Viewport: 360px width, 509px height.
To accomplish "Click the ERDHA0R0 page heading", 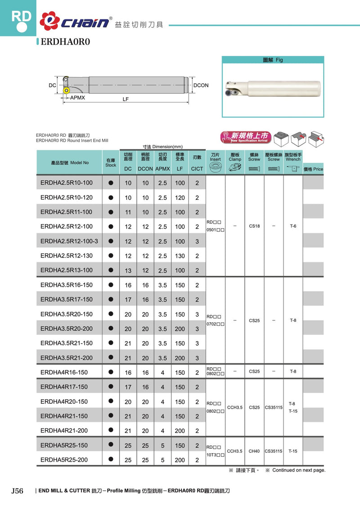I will click(66, 42).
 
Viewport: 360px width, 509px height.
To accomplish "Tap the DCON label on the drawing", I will click(201, 85).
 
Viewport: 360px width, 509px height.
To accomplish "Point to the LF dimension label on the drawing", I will click(126, 99).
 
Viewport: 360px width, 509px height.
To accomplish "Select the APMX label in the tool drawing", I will click(77, 97).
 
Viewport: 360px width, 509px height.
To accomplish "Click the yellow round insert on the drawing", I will click(67, 90).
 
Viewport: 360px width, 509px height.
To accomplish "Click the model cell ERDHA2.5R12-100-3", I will click(69, 241).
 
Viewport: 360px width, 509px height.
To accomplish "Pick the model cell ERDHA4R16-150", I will click(64, 372).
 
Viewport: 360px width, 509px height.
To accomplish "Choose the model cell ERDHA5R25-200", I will click(64, 460).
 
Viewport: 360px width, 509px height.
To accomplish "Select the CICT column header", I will click(197, 169).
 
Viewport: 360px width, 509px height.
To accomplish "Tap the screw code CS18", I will click(254, 226).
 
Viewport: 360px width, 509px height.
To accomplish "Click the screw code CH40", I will click(254, 450).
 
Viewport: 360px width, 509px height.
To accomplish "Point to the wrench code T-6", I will click(293, 226).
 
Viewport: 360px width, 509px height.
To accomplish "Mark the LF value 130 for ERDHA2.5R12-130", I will click(180, 256).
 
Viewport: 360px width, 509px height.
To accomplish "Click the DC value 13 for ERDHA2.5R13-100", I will click(128, 270).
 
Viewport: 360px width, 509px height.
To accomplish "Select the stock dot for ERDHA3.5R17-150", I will click(111, 299).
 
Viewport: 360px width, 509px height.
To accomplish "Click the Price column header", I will click(313, 169).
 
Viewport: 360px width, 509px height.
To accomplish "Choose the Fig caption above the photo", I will click(273, 59).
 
